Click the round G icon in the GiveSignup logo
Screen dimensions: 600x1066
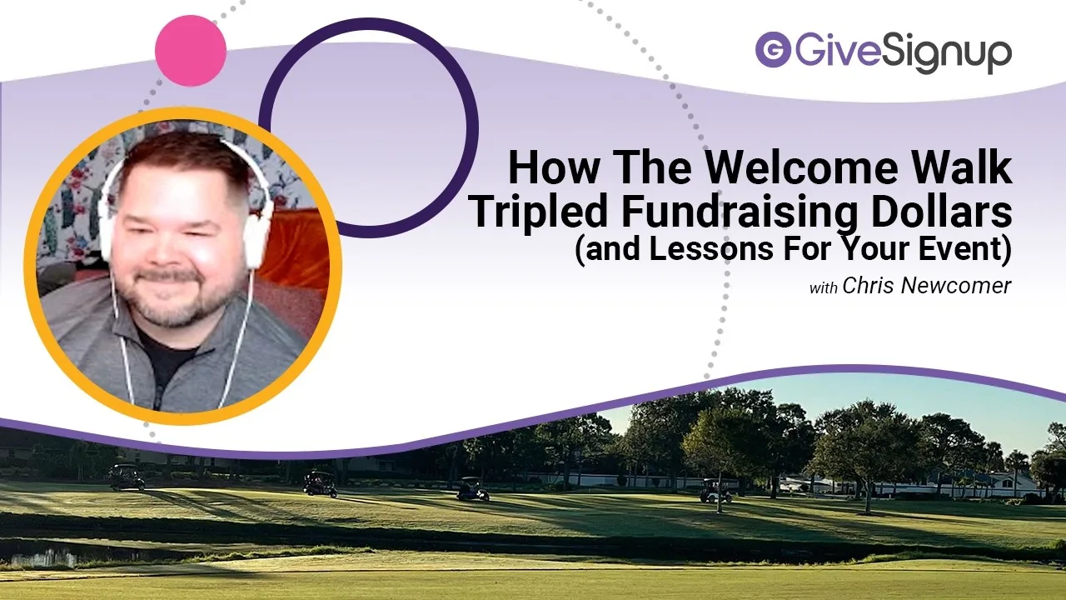772,50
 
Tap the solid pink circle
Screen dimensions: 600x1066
191,51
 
